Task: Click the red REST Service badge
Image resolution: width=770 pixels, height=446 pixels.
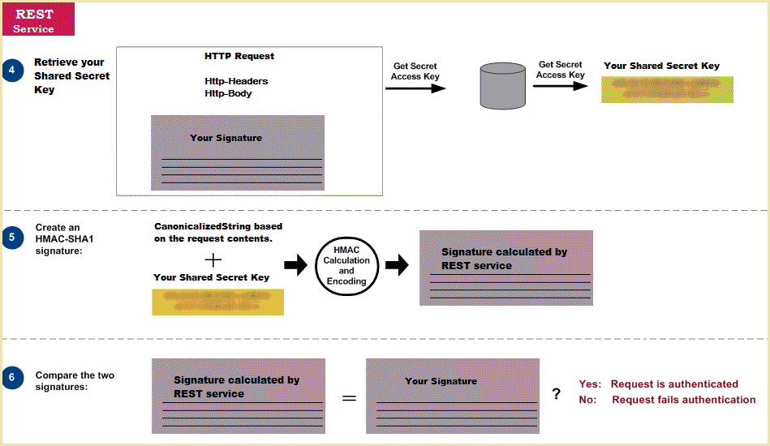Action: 38,19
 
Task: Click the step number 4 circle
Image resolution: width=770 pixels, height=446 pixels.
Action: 13,70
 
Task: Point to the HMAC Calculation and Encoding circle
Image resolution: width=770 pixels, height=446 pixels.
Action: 346,265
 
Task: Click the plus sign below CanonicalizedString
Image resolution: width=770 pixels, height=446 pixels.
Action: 213,259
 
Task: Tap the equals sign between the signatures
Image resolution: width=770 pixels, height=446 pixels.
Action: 349,399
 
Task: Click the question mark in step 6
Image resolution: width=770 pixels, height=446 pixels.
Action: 556,394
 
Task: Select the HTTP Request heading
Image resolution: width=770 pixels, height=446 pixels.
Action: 239,57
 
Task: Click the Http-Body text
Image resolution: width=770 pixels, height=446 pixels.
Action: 228,93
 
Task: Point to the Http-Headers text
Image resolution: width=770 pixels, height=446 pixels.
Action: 236,81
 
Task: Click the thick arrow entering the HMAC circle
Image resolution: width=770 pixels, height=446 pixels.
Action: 295,265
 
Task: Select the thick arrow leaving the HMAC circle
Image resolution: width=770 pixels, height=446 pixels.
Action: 397,265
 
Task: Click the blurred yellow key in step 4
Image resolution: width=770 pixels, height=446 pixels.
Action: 666,89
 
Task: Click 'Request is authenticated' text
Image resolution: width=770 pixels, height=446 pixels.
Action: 674,384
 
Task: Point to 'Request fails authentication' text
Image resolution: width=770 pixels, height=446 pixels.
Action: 683,400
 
